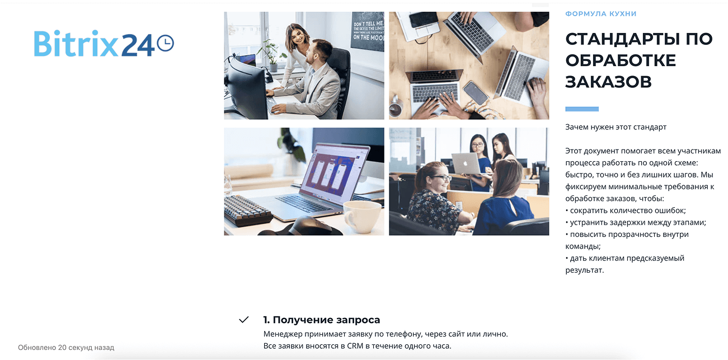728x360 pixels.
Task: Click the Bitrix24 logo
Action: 104,44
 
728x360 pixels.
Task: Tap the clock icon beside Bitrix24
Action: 166,43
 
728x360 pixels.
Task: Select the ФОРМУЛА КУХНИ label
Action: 600,13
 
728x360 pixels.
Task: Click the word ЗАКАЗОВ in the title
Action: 608,82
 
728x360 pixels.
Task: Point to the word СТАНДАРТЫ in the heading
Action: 622,39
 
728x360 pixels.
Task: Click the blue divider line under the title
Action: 582,109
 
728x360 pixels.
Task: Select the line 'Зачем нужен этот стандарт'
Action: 616,127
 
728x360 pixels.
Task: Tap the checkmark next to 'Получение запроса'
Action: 244,320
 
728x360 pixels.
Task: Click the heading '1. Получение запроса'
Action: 321,320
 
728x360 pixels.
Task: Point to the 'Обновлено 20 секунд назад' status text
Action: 66,347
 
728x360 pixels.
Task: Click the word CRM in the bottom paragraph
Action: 355,345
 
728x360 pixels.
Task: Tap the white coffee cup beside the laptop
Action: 363,216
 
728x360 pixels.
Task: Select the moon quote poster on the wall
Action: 367,31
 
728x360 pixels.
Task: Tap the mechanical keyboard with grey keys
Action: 247,210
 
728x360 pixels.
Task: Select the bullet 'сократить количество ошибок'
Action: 626,211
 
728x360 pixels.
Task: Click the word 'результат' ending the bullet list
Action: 584,270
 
